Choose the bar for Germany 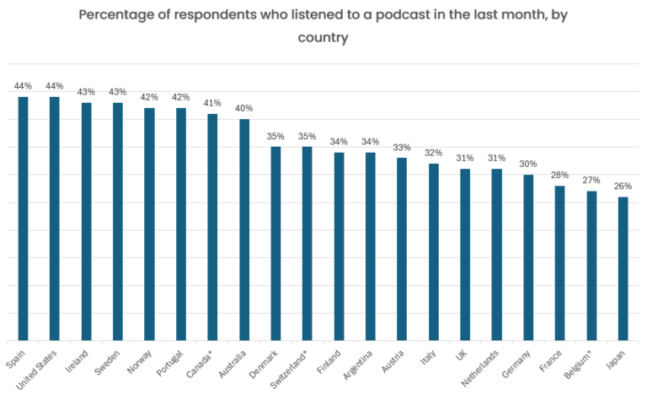click(528, 257)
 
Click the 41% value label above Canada click(212, 103)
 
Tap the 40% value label click(244, 108)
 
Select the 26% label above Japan click(623, 186)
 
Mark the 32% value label click(434, 153)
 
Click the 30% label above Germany click(528, 164)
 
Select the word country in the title click(323, 37)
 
